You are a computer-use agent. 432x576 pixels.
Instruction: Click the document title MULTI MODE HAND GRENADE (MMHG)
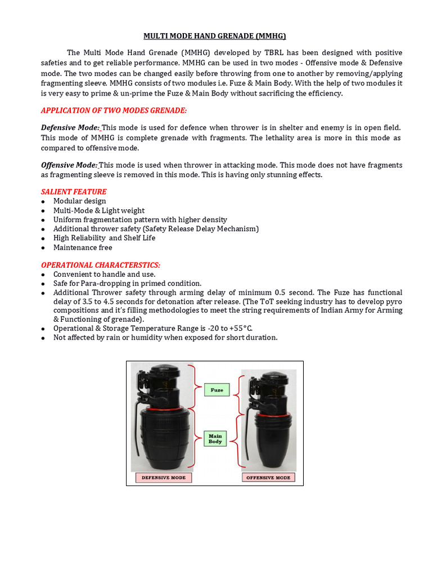coord(215,36)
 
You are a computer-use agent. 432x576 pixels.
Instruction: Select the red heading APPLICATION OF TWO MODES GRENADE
coord(114,110)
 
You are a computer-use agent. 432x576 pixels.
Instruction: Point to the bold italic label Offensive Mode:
coord(69,165)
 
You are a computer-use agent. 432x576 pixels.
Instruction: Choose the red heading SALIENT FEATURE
coord(74,192)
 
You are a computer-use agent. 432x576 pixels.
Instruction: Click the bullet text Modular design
coord(79,201)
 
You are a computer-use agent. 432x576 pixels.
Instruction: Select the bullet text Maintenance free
coord(83,247)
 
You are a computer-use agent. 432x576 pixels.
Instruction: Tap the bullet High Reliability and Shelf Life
coord(104,238)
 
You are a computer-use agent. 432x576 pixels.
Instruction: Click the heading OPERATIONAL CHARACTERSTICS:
coord(101,265)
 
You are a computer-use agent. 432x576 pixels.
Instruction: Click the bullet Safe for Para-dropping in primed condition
coord(127,283)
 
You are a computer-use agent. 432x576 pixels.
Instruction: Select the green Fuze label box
coord(217,390)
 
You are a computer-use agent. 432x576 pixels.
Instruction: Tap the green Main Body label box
coord(215,439)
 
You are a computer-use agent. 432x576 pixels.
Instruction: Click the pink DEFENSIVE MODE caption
coord(164,478)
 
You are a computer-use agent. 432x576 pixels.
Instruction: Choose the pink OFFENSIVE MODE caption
coord(268,478)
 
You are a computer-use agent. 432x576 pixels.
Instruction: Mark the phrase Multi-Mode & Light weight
coord(99,210)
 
